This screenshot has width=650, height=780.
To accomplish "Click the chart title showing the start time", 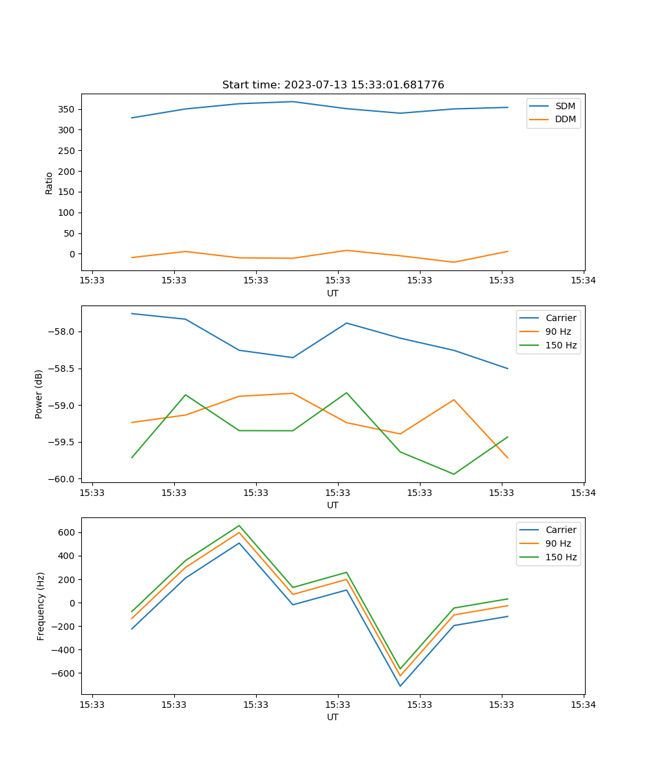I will coord(333,85).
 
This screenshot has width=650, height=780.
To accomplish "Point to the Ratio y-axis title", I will coord(49,183).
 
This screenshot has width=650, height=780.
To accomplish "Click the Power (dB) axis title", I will coord(39,394).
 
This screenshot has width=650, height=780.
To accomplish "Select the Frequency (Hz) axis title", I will coord(40,606).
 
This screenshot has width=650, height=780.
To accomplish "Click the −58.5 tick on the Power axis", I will coord(62,369).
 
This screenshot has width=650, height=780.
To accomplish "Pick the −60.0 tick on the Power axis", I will coord(62,479).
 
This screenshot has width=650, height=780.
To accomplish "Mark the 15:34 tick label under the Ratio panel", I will coord(583,281).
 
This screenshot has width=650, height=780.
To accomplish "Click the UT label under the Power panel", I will coord(333,505).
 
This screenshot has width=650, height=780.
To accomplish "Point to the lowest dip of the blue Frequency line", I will coord(400,686).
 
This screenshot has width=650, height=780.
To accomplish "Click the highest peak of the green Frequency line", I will coord(239,525).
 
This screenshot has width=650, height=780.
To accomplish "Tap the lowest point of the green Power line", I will coord(454,474).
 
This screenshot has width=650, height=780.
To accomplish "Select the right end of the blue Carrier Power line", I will coord(508,369).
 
